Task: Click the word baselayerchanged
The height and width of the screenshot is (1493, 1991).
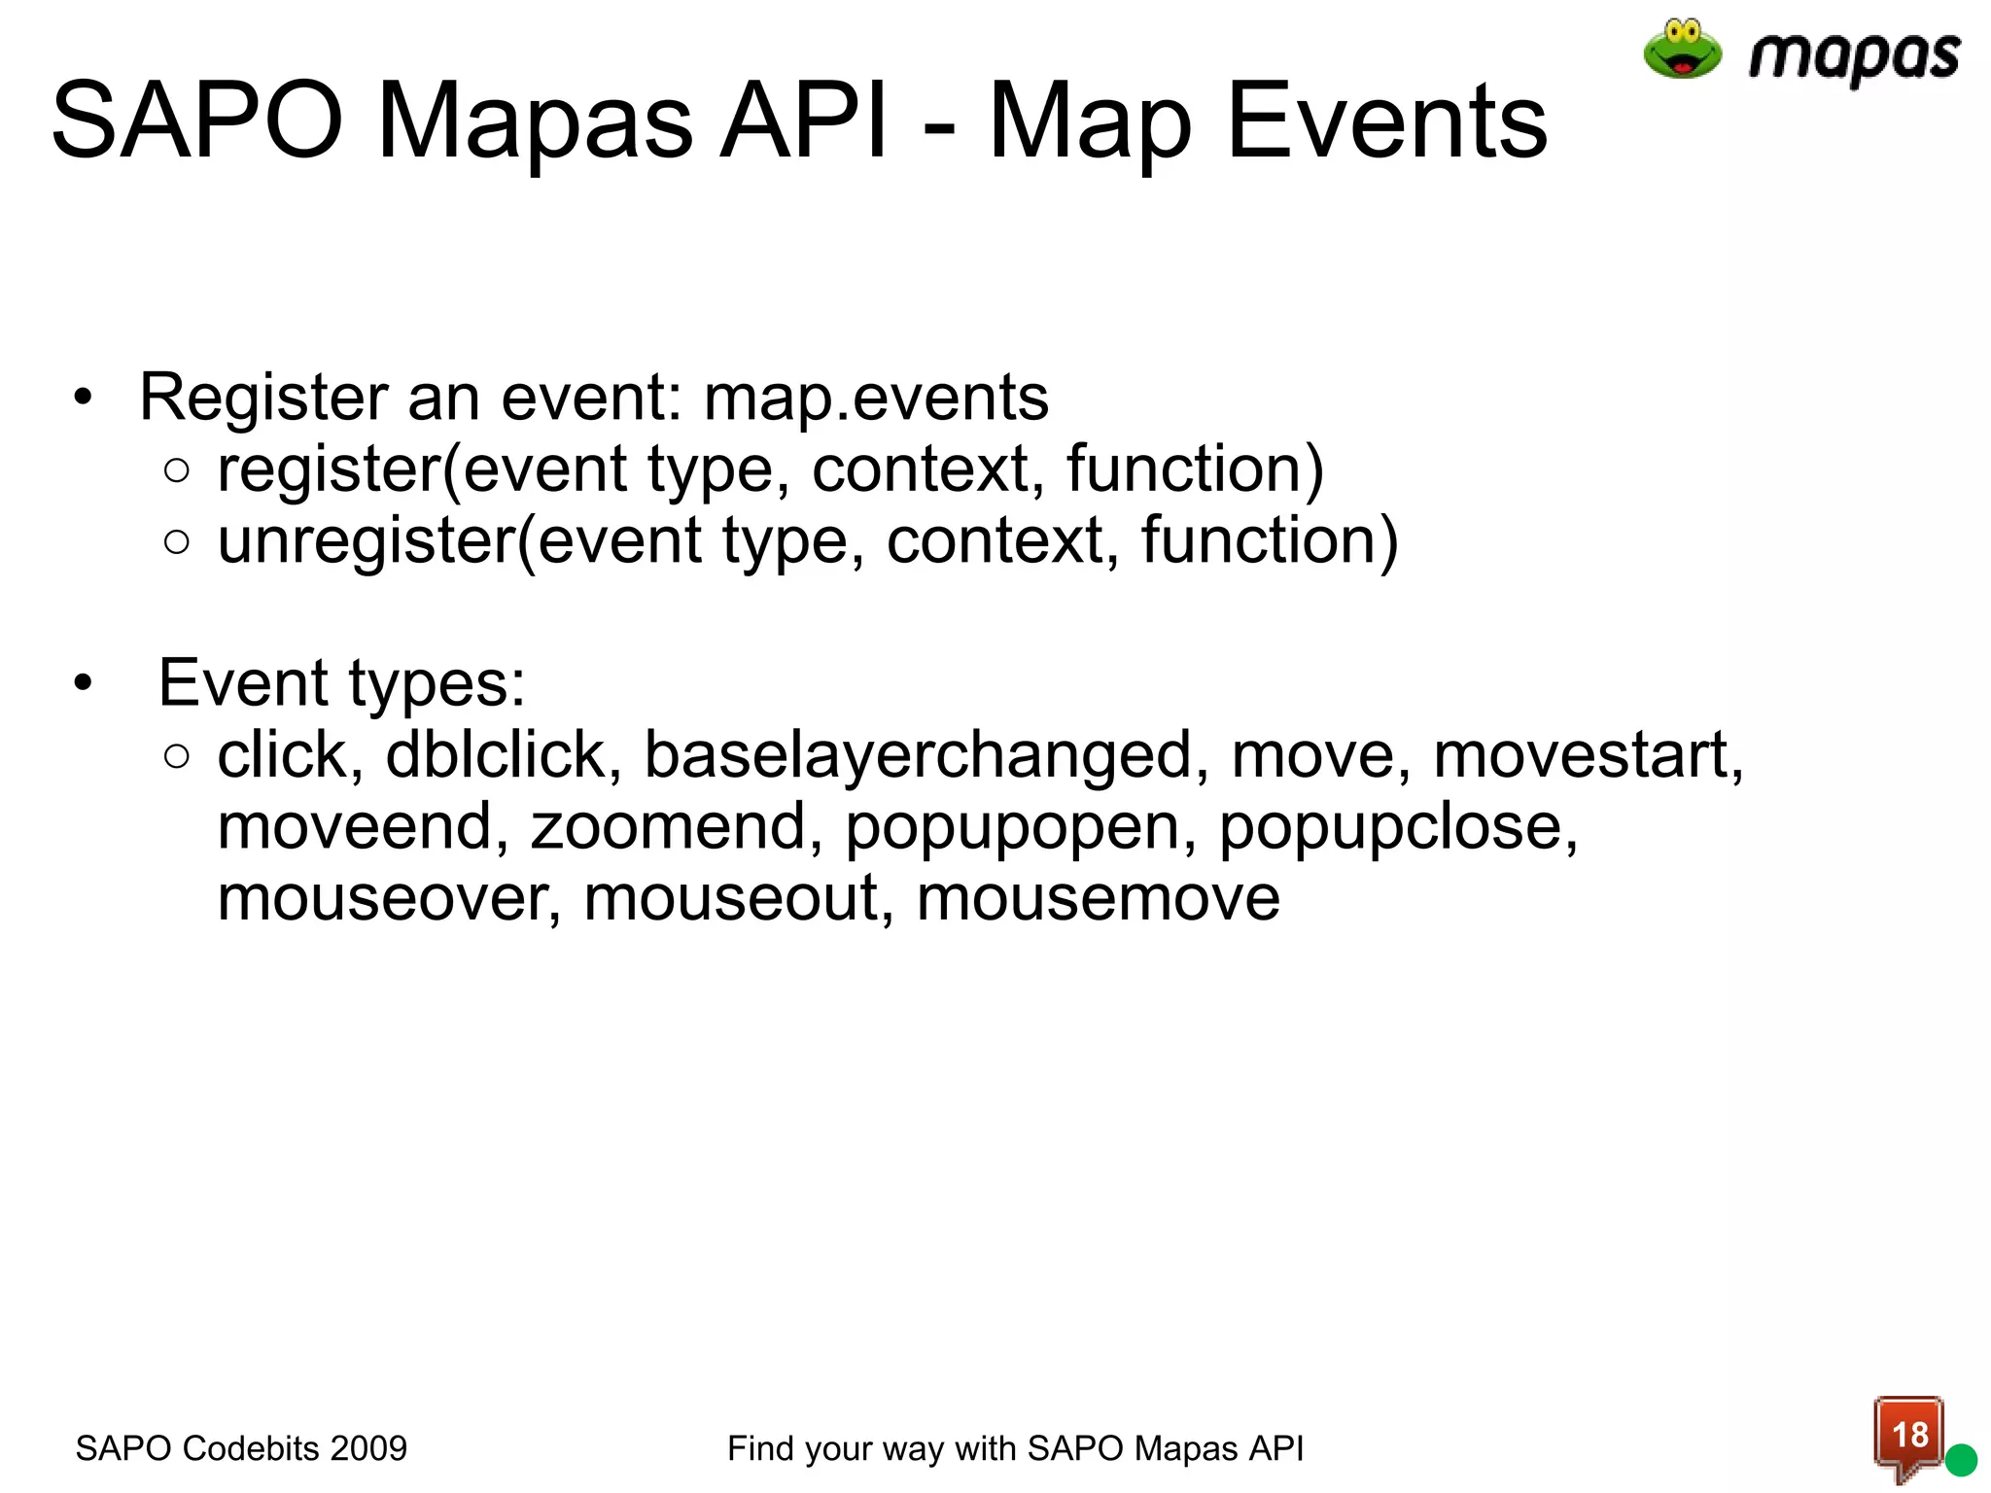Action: (x=918, y=755)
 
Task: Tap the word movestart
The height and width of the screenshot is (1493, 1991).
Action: (x=1587, y=755)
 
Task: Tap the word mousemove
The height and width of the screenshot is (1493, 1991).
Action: (x=1098, y=899)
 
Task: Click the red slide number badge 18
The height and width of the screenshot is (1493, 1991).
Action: (x=1908, y=1435)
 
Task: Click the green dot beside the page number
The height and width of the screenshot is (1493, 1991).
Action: (x=1961, y=1459)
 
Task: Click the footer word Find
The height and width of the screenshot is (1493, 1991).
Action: (x=761, y=1448)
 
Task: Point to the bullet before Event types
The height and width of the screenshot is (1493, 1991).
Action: (x=84, y=683)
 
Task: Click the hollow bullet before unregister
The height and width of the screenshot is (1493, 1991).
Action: (x=177, y=541)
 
